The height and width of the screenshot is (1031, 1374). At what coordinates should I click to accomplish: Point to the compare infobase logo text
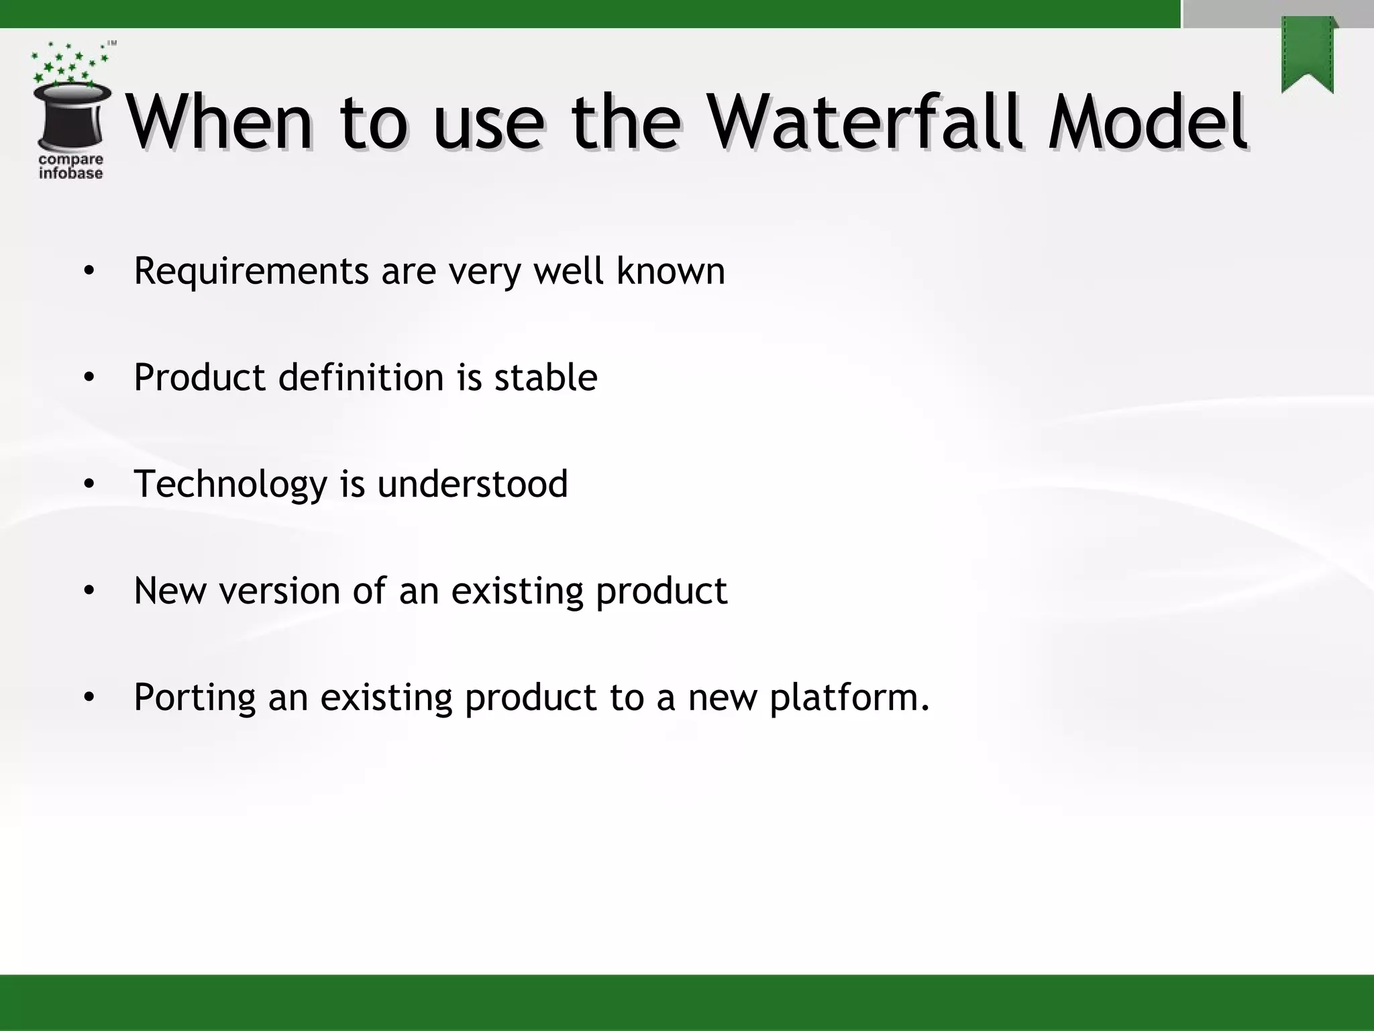(x=70, y=166)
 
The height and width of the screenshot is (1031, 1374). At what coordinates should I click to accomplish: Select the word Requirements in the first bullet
(x=251, y=272)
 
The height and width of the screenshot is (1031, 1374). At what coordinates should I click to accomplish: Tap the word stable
(x=545, y=377)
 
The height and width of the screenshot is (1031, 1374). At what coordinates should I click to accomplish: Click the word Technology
(x=230, y=485)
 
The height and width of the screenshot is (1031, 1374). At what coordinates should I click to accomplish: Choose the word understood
(x=472, y=484)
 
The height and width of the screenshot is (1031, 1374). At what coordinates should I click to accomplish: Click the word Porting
(x=195, y=698)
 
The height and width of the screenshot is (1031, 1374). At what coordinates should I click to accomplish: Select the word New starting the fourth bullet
(x=170, y=591)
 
